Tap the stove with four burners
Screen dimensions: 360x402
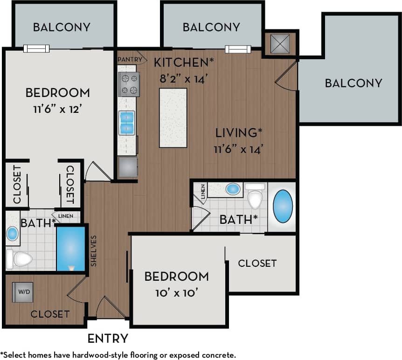coord(129,84)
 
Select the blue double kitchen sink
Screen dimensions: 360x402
coord(126,123)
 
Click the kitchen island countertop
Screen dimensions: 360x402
coord(173,118)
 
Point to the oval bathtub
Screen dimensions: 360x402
coord(283,206)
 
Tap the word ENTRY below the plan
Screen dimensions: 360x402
coord(107,338)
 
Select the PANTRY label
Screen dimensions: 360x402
coord(129,59)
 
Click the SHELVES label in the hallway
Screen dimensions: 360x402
coord(93,250)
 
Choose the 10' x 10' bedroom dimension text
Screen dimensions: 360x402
coord(176,294)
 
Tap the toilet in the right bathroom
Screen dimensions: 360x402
coord(255,197)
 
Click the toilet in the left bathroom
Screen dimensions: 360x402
coord(19,259)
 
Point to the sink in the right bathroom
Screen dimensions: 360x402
coord(233,189)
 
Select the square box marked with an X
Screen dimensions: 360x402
coord(280,44)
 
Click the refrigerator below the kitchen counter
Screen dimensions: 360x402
coord(128,167)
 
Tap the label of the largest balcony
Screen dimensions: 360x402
coord(353,83)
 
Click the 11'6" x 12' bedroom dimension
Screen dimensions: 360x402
coord(58,110)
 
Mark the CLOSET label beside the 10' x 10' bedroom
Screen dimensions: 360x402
coord(257,263)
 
